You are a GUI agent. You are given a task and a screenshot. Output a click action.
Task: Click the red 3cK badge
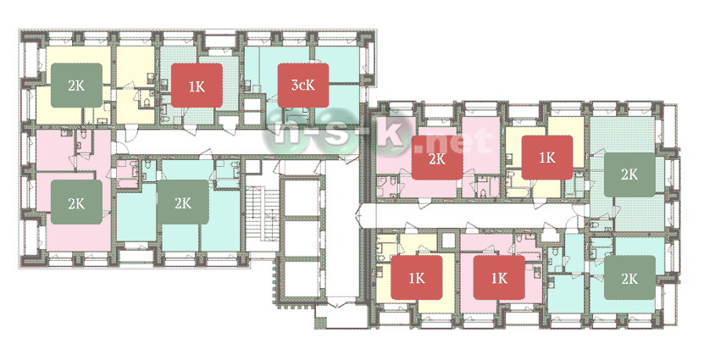(303, 86)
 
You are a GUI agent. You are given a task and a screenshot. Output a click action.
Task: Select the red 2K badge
(437, 158)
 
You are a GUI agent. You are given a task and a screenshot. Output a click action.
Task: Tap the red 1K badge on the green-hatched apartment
(197, 86)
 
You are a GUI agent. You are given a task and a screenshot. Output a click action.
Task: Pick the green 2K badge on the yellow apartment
(76, 86)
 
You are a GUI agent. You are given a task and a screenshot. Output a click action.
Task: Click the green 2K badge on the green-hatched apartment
(629, 174)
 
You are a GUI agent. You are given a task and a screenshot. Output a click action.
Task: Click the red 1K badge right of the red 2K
(547, 158)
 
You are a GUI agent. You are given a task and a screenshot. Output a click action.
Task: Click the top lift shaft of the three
(302, 198)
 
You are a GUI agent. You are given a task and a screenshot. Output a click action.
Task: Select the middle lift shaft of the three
(302, 238)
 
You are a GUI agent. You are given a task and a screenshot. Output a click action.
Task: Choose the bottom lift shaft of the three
(302, 279)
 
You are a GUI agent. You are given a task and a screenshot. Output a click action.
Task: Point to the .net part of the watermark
(453, 140)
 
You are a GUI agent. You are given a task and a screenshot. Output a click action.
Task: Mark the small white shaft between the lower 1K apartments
(449, 241)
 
